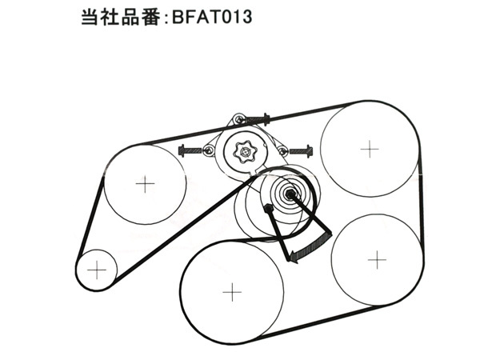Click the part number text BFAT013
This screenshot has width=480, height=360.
[x=212, y=17]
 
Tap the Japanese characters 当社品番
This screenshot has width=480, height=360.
[x=121, y=17]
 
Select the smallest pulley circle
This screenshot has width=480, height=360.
[x=97, y=270]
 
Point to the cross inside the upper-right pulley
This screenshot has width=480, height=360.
[x=370, y=149]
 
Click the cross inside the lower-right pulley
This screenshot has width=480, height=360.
[x=377, y=259]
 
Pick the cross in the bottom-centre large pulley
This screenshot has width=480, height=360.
[x=232, y=292]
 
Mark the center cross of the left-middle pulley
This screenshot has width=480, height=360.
[x=145, y=184]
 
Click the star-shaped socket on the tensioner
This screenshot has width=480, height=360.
[x=244, y=151]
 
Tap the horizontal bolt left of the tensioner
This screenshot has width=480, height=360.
[x=190, y=150]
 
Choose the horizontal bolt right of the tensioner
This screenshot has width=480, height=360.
[x=302, y=151]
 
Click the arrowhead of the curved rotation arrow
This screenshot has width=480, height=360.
[x=294, y=256]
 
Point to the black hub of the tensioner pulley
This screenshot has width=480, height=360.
[x=290, y=193]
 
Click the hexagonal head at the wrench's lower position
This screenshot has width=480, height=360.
[x=269, y=208]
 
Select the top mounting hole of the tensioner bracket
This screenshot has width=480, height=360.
[x=239, y=118]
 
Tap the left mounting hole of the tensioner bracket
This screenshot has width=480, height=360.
[x=209, y=150]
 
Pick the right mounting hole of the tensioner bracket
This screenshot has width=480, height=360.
[x=282, y=150]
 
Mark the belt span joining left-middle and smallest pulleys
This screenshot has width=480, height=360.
[x=90, y=218]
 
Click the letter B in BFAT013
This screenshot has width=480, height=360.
[x=178, y=17]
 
